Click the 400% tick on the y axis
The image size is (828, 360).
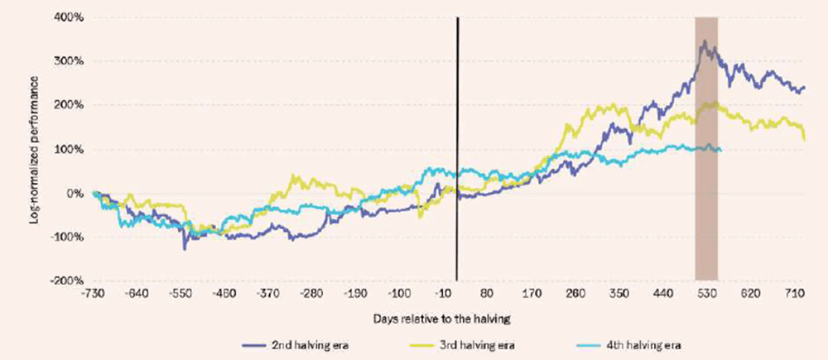70,17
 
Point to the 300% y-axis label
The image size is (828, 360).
70,61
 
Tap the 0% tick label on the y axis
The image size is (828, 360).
75,194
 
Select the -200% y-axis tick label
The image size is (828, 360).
68,281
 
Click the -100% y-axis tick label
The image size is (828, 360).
68,238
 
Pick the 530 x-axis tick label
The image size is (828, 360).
706,294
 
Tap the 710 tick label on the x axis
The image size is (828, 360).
795,294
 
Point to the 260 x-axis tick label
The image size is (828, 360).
575,294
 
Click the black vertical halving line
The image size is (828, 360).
457,149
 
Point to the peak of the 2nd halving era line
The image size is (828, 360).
704,41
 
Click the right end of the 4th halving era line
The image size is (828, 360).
720,150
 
